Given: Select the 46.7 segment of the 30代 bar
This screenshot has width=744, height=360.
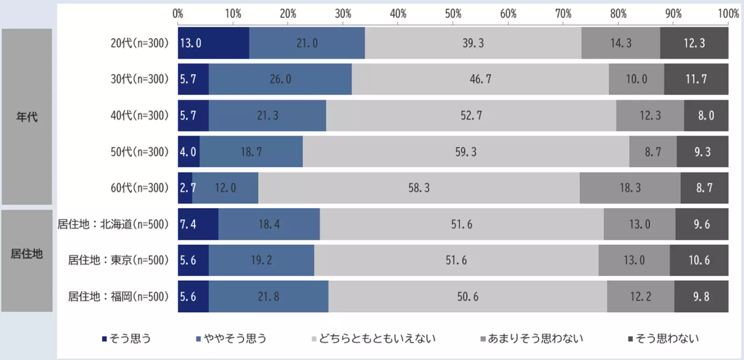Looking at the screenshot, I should tap(480, 79).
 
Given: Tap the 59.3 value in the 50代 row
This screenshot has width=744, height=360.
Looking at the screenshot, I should tap(466, 152).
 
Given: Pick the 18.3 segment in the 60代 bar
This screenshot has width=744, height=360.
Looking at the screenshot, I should tap(630, 188).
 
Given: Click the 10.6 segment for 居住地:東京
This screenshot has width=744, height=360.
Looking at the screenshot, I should tap(699, 260).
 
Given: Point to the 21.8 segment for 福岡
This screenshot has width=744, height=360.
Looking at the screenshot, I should tap(268, 297).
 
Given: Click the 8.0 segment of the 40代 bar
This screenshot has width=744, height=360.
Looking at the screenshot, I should tap(706, 115).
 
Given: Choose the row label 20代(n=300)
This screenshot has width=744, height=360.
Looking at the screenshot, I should tap(139, 44).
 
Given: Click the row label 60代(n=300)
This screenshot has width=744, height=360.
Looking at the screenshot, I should tap(139, 188).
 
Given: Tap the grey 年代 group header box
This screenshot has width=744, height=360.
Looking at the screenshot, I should tap(27, 116).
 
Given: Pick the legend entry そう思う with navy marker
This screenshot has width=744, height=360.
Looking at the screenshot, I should tap(127, 338).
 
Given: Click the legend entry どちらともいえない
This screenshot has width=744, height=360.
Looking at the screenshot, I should tap(374, 338).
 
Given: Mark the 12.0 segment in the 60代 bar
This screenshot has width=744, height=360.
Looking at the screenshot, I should tap(225, 188).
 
